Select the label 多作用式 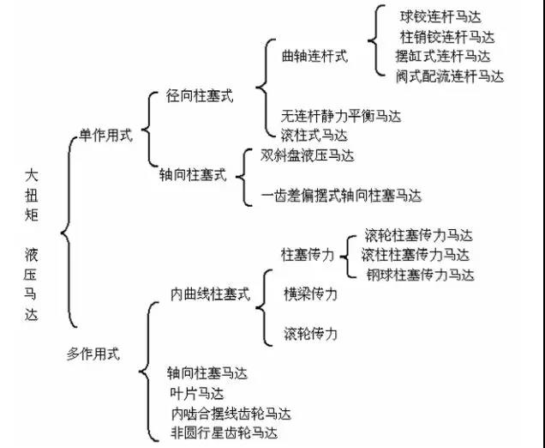point(94,352)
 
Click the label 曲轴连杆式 point(314,56)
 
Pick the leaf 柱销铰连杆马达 point(446,37)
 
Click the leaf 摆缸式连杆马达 point(442,57)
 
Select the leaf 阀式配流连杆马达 point(449,76)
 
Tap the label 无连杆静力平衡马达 point(341,115)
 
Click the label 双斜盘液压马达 point(308,155)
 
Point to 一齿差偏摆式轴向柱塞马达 point(341,196)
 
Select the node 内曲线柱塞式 point(210,294)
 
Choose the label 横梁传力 point(310,294)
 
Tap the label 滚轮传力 point(310,333)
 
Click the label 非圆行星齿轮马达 point(224,432)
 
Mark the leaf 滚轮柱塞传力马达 point(418,235)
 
